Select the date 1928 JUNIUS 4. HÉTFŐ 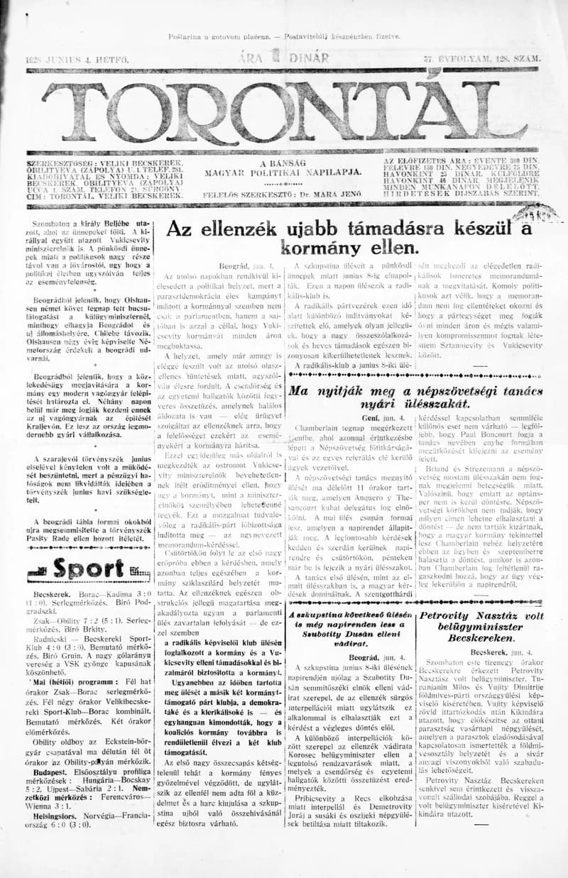coord(76,60)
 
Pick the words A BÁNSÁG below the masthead coord(283,163)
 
